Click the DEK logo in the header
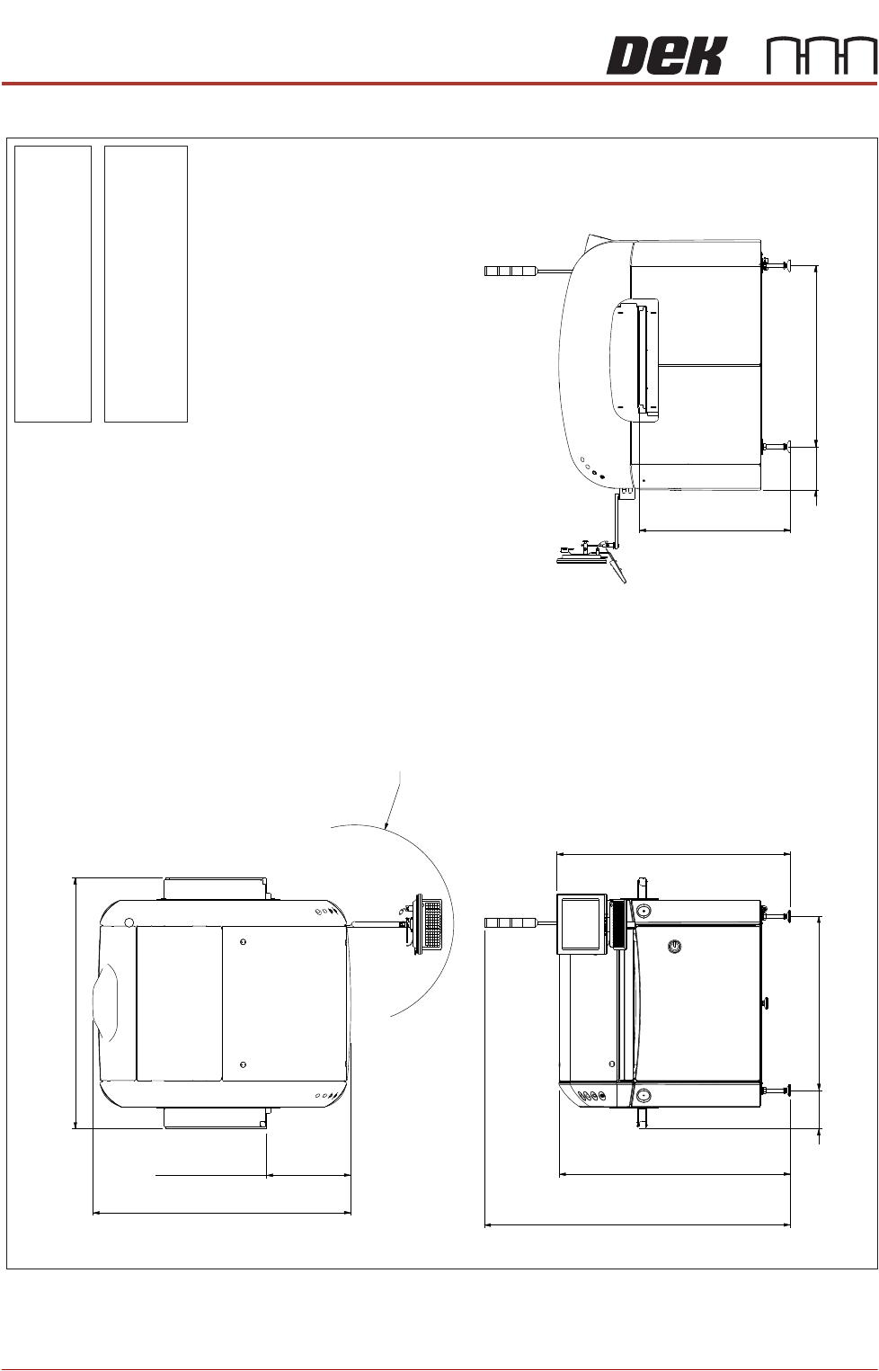[664, 57]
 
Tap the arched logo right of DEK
[821, 57]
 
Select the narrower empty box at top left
[53, 283]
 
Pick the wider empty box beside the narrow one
[146, 283]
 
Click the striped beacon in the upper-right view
[511, 271]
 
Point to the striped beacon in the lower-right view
[511, 922]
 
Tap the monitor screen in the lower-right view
[582, 922]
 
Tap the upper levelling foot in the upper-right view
[777, 264]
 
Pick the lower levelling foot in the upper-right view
[777, 446]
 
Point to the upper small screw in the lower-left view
[244, 941]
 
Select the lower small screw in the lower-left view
[244, 1064]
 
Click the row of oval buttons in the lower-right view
[590, 1096]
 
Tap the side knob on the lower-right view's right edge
[766, 1002]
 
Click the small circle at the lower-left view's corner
[129, 922]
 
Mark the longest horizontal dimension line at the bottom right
[637, 1224]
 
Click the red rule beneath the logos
[439, 84]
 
